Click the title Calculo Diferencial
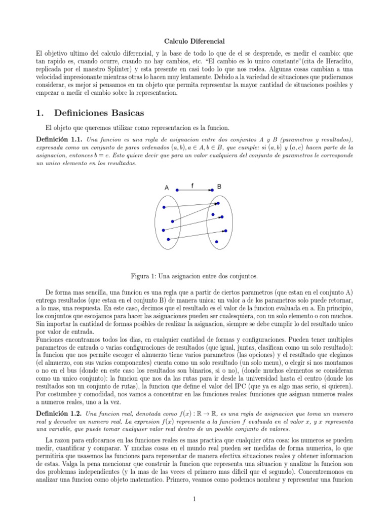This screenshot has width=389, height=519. coord(194,41)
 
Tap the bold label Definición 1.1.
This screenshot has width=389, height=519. coord(59,139)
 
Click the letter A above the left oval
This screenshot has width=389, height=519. coord(167,188)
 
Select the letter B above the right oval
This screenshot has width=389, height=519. coord(219,187)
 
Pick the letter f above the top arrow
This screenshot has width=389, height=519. coord(192,186)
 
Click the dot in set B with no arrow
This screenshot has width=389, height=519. coord(217,242)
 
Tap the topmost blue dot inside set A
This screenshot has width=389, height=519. coord(164,207)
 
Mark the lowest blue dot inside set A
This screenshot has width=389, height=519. coord(167,239)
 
